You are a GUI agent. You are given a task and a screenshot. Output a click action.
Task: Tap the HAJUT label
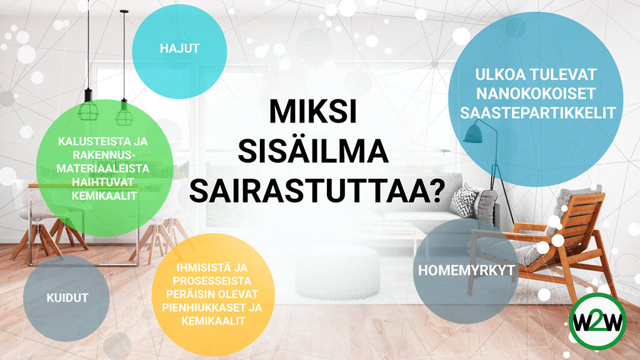point(179,48)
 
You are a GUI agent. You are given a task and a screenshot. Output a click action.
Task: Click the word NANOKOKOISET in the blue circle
point(537,93)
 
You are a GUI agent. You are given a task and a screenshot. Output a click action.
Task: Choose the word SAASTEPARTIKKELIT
point(537,112)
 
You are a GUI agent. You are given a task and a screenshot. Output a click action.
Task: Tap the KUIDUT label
point(67,297)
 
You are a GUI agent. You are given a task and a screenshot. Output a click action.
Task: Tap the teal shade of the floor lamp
point(473,133)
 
